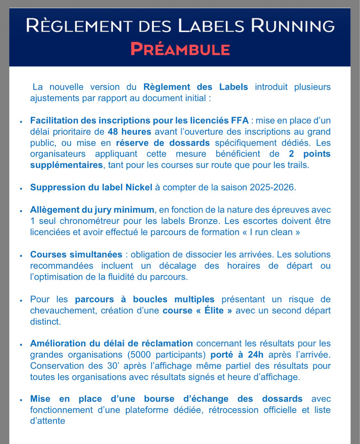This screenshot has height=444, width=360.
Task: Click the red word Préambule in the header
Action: point(180,49)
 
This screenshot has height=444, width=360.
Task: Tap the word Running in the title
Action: point(293,26)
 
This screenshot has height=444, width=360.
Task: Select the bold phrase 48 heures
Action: point(129,131)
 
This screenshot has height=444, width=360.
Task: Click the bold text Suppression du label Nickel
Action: point(91,187)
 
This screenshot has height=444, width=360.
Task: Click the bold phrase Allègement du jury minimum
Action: point(92,210)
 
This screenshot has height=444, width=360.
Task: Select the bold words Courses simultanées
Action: point(76,255)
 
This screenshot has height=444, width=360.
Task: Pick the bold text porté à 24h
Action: point(237,355)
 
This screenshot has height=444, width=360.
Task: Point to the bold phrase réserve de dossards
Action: point(163,142)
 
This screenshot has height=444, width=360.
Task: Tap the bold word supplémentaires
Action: point(66,165)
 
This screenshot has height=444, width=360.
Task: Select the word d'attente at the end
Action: point(48,421)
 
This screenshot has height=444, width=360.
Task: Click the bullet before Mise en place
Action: point(22,400)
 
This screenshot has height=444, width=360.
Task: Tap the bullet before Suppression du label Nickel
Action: point(22,188)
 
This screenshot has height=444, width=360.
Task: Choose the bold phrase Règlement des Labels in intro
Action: point(196,87)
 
